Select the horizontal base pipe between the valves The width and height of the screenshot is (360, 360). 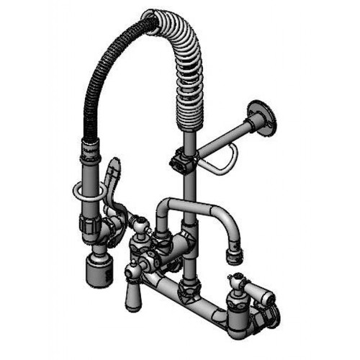coord(202,295)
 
